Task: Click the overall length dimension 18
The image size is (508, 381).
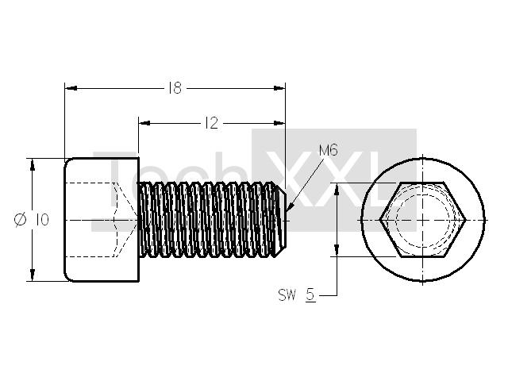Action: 175,88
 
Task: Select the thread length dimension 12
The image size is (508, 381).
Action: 212,123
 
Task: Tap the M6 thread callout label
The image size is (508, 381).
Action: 328,150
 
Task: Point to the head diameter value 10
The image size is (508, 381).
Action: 42,220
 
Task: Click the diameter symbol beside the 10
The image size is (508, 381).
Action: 21,220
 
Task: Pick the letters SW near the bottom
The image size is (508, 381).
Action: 287,295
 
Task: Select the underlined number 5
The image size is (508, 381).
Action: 310,295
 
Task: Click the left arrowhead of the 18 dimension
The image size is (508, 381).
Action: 71,88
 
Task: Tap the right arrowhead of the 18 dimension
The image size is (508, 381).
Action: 279,88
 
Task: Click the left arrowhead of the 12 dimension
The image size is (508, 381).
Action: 144,123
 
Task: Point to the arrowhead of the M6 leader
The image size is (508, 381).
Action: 290,208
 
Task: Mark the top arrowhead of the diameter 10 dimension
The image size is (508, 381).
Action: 32,164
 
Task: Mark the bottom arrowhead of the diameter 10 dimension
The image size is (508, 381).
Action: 32,275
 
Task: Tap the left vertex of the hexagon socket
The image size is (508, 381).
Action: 380,220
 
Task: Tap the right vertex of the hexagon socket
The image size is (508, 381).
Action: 465,220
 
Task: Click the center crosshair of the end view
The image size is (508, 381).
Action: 423,220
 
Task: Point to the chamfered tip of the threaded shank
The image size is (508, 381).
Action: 282,220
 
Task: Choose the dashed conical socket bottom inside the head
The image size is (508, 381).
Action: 125,220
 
